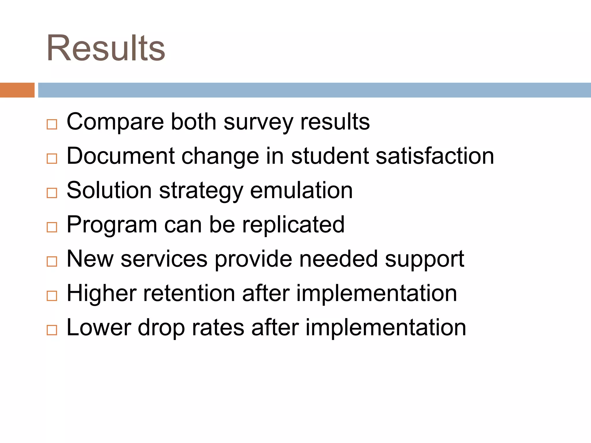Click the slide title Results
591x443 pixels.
(106, 48)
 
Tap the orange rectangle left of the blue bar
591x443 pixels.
(17, 90)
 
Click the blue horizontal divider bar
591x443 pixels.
(314, 90)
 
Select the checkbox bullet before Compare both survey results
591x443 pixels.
(52, 125)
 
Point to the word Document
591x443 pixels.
(121, 156)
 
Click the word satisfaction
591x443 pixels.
(435, 156)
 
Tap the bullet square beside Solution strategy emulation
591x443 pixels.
(52, 193)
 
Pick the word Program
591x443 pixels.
(112, 225)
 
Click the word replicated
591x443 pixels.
(293, 225)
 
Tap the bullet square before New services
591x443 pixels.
(52, 262)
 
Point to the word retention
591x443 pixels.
(189, 293)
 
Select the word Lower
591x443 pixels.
(99, 328)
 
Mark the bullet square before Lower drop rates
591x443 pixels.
(52, 330)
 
